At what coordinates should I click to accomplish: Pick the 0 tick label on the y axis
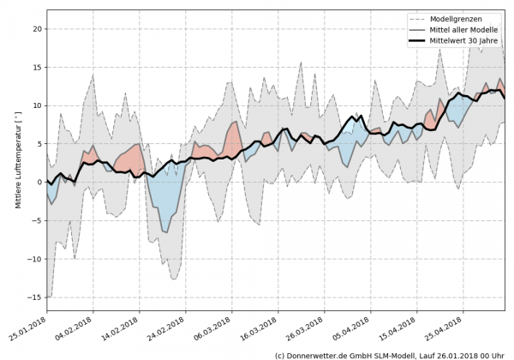pos(39,182)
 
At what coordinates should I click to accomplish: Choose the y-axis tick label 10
pos(35,105)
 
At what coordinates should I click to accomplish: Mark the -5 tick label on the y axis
pos(35,220)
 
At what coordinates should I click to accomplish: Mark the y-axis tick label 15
pos(35,67)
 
